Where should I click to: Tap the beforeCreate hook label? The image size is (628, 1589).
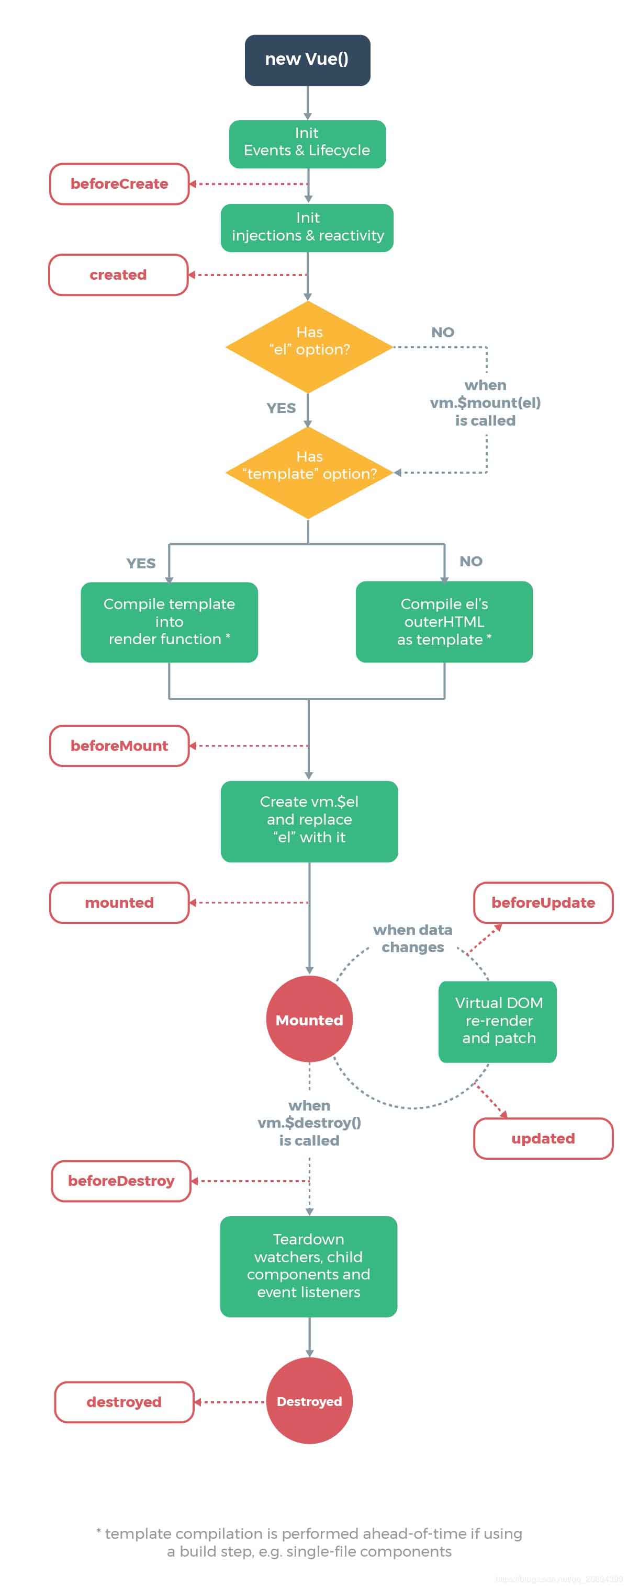119,184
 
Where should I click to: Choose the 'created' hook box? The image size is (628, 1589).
118,275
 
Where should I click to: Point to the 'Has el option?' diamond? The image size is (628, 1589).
308,347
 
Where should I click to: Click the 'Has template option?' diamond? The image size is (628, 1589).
308,472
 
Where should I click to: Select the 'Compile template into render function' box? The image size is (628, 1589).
169,622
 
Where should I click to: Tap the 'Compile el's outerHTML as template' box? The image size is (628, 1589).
443,622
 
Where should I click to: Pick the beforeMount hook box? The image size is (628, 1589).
119,745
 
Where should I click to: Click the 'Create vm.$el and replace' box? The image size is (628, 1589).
309,820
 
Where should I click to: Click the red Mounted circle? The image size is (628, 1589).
309,1019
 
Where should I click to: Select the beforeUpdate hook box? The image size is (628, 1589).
542,902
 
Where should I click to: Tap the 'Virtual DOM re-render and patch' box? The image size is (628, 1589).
497,1021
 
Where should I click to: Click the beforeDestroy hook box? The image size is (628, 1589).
120,1180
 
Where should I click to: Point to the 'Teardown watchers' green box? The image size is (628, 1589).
308,1265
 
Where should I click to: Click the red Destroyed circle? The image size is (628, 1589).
309,1401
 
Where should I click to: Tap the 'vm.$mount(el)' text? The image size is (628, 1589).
485,403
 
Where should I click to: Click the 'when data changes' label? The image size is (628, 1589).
412,938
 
